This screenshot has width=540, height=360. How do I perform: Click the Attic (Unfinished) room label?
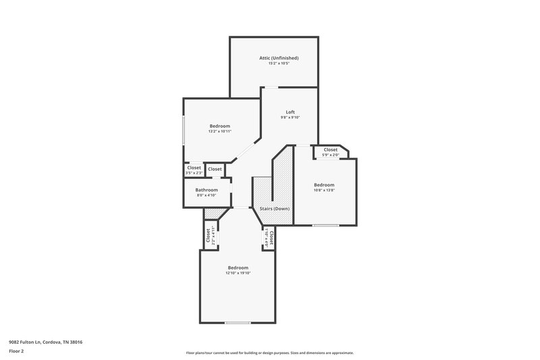[279, 58]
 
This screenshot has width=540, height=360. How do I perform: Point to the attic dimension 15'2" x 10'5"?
[279, 63]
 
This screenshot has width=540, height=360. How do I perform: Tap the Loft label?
[290, 112]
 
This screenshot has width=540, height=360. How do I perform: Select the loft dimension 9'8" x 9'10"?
[290, 118]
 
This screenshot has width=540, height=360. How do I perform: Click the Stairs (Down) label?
[275, 209]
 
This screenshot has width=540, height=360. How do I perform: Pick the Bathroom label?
[207, 190]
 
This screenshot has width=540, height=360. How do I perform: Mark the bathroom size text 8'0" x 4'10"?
[207, 195]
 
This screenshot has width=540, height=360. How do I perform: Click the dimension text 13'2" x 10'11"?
[219, 131]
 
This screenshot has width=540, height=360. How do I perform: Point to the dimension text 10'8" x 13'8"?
[324, 190]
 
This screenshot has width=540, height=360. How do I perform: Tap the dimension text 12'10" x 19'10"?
[238, 273]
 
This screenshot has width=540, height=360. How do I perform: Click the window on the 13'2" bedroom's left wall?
[184, 130]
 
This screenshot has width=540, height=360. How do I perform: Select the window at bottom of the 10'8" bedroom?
[325, 225]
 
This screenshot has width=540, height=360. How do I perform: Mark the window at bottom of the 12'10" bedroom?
[238, 322]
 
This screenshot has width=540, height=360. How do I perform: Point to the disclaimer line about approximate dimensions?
[269, 353]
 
